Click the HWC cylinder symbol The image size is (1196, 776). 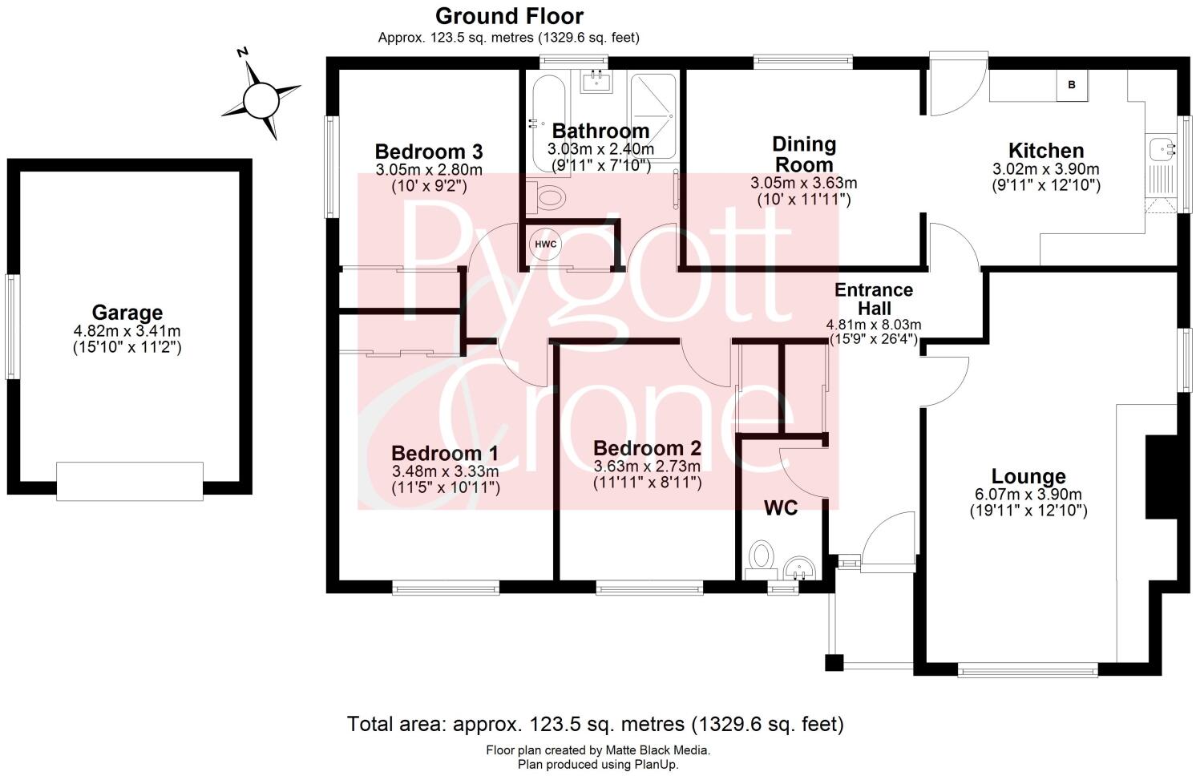[x=546, y=244]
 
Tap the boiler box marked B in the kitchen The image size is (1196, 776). [x=1072, y=85]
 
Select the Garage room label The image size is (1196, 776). [x=127, y=313]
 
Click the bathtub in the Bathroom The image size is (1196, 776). [x=549, y=121]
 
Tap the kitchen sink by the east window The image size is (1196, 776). [x=1162, y=149]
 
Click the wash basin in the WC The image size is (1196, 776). [x=799, y=568]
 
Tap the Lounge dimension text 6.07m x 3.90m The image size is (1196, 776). [x=1028, y=495]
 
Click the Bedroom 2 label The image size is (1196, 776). [x=647, y=448]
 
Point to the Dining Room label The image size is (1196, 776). [x=803, y=155]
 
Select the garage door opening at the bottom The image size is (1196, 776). [x=130, y=481]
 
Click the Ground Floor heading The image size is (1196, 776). [x=509, y=17]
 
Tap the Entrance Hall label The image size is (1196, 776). [x=874, y=299]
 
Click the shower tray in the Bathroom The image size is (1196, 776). [x=653, y=116]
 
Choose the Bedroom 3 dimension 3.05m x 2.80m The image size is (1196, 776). [x=429, y=170]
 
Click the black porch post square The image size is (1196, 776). [x=834, y=663]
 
